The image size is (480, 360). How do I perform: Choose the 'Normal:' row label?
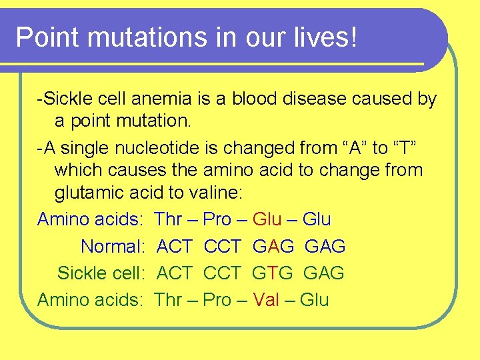point(113,247)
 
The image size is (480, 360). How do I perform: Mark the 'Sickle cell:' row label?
point(101,273)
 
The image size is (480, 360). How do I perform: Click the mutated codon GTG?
point(273,273)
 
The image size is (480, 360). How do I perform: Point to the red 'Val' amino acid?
point(267,300)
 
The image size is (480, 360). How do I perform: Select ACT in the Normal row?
point(174,247)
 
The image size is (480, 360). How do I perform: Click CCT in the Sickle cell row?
point(222,273)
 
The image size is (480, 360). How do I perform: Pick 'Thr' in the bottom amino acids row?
point(168,300)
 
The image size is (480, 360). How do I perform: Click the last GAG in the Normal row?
point(325,247)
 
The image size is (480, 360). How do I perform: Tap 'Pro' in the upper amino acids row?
point(217,219)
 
